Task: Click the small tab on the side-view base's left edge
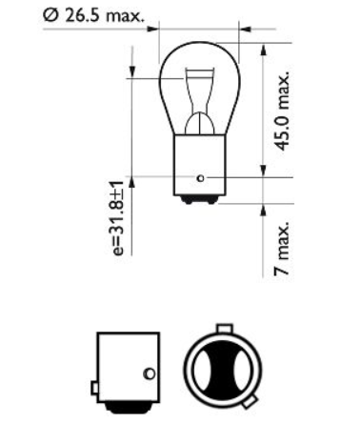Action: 92,389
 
